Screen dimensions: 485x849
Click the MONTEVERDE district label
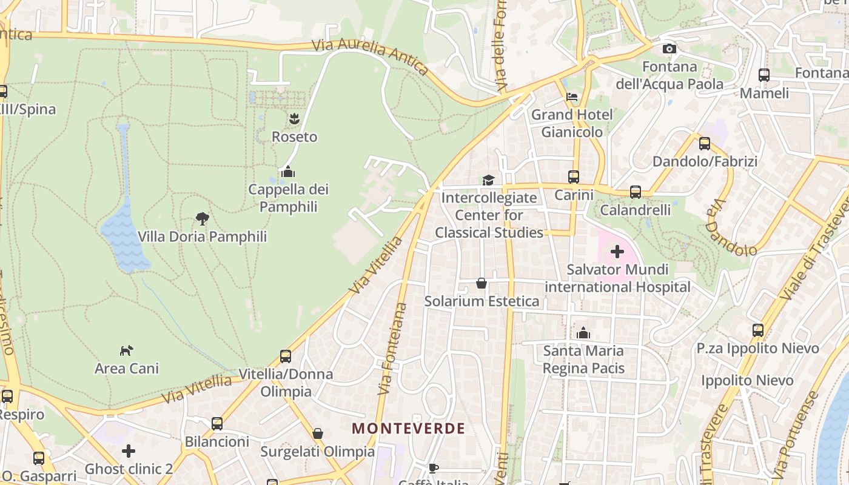(x=408, y=428)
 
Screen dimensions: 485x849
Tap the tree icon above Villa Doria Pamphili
(x=203, y=218)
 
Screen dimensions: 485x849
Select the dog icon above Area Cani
(x=126, y=350)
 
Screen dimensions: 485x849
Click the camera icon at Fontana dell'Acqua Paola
(x=669, y=48)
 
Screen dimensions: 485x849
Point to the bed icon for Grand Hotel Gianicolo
(x=572, y=96)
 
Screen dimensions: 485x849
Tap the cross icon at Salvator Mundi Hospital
(x=617, y=251)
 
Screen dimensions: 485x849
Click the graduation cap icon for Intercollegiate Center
(x=488, y=180)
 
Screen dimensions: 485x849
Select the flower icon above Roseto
(x=294, y=118)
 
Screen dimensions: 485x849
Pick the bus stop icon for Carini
(x=574, y=177)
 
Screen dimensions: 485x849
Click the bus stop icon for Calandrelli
(x=636, y=192)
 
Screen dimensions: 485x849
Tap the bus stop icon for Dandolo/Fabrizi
(x=705, y=144)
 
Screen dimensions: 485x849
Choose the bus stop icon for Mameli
(x=764, y=75)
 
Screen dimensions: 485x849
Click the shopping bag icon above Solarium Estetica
(x=482, y=283)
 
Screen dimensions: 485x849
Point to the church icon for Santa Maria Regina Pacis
(x=583, y=333)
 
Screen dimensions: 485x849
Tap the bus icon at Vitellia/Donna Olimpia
(x=286, y=356)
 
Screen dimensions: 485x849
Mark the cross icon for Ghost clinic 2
(x=129, y=451)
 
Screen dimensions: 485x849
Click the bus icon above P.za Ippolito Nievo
(x=758, y=330)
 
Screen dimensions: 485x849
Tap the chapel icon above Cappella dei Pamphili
(x=288, y=172)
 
